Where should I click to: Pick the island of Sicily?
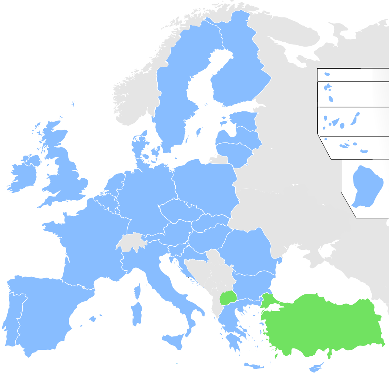point(175,341)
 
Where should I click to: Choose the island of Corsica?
point(137,291)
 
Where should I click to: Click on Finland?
point(238,73)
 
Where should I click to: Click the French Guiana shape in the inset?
point(362,186)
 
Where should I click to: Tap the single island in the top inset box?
point(327,74)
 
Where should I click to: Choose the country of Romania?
point(249,248)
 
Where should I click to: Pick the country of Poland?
point(205,183)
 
